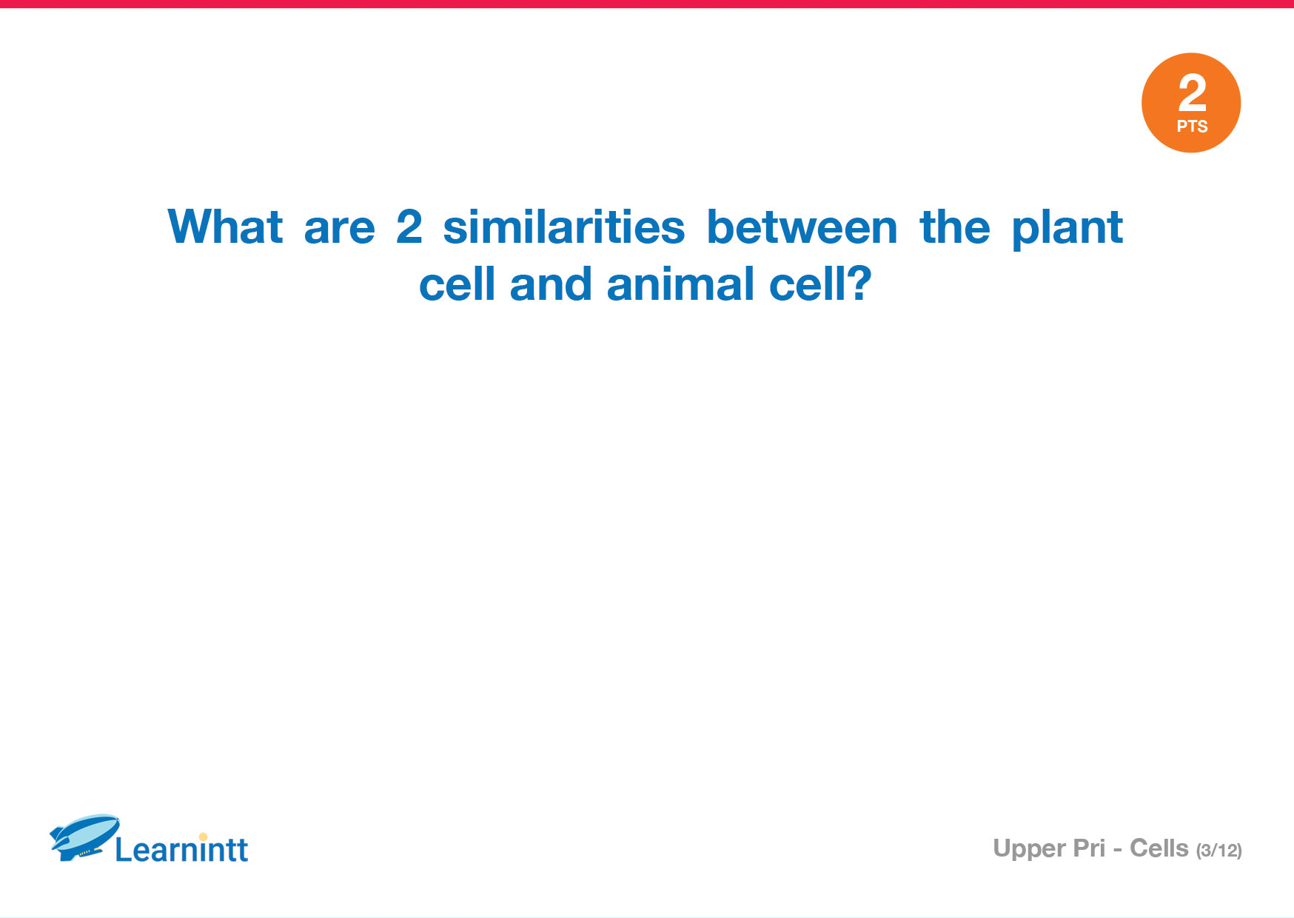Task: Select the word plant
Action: click(x=1067, y=229)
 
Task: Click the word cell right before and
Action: click(x=457, y=284)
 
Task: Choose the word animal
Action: click(x=680, y=284)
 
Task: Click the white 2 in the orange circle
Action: click(x=1192, y=93)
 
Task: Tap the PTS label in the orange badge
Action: click(x=1192, y=127)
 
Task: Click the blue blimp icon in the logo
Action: click(x=84, y=837)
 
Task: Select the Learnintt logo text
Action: click(x=181, y=849)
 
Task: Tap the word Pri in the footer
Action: click(x=1090, y=848)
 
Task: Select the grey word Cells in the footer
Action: click(x=1159, y=848)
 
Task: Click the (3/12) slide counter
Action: click(x=1219, y=851)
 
